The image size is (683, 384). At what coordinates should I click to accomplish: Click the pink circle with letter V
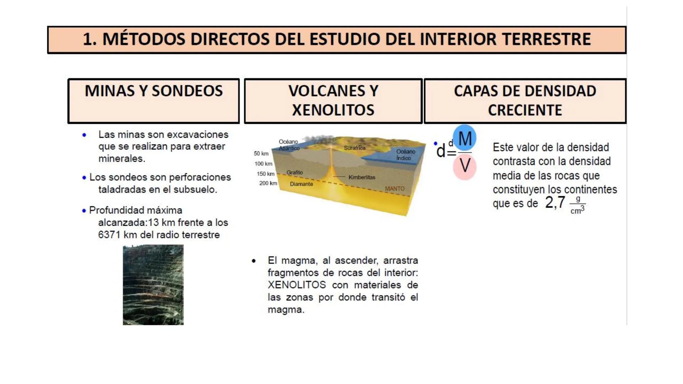(x=465, y=166)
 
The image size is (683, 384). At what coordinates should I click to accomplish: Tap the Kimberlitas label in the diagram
(x=362, y=177)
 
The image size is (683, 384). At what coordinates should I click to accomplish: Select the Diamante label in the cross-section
(x=301, y=184)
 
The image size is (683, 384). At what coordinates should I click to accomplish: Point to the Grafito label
(x=295, y=172)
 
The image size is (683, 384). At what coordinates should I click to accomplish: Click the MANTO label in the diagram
(x=395, y=188)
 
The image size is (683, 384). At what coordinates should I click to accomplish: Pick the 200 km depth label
(x=268, y=183)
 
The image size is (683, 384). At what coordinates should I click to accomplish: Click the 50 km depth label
(x=261, y=153)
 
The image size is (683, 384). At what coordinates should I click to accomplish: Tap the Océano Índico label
(x=406, y=155)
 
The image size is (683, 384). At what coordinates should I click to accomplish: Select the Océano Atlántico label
(x=289, y=145)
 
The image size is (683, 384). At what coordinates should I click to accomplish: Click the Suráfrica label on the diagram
(x=354, y=148)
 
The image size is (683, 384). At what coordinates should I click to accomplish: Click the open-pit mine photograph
(x=153, y=284)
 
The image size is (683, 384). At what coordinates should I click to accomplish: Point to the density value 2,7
(x=555, y=203)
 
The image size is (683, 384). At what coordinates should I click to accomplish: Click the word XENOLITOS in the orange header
(x=333, y=110)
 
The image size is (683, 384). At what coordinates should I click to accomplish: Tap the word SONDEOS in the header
(x=187, y=91)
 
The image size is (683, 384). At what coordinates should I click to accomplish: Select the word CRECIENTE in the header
(x=525, y=110)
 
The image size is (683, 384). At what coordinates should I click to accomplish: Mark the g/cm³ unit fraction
(x=577, y=205)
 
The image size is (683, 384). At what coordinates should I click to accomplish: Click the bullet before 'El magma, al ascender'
(x=253, y=261)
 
